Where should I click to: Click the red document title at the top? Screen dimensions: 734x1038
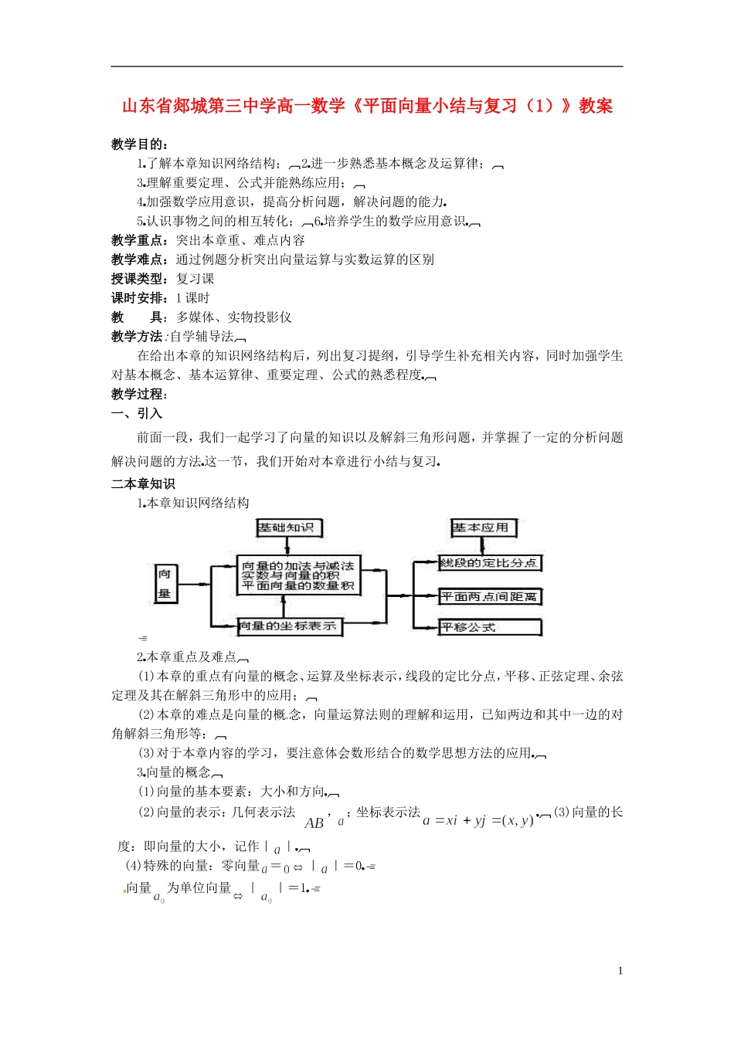point(367,106)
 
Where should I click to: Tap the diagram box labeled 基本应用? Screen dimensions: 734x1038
point(483,527)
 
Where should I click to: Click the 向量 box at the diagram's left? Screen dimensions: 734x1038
point(165,583)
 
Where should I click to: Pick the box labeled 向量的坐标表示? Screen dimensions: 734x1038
point(287,626)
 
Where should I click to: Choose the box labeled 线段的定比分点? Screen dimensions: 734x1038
point(489,563)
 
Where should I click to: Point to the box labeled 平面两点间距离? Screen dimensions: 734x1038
point(489,596)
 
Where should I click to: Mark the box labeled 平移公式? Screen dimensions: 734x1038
point(489,627)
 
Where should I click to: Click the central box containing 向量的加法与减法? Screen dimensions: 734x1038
point(297,575)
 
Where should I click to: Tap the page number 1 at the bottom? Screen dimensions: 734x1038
point(620,971)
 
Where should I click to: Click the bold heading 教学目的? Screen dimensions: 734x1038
point(138,144)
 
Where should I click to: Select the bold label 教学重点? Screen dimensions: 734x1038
point(138,240)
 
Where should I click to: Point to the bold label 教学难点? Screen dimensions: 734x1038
point(138,259)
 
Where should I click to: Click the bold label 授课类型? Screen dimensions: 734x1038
point(138,279)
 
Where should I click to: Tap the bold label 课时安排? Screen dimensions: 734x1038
point(138,298)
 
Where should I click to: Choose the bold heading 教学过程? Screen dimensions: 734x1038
point(138,394)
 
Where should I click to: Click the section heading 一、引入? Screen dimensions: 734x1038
point(137,413)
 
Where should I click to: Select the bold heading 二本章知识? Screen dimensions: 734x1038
point(143,483)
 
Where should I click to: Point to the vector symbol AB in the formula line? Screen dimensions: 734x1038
point(314,823)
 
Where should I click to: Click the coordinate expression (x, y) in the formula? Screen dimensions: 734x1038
point(518,820)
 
